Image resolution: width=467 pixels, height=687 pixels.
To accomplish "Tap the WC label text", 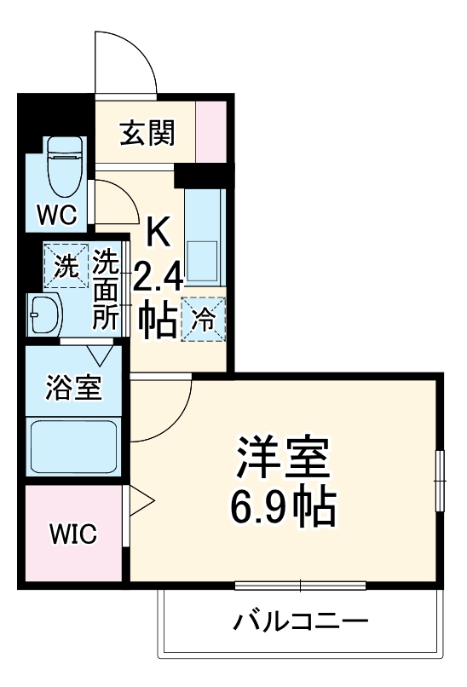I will (x=57, y=214).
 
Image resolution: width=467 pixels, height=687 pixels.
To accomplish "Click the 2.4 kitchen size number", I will (x=158, y=277).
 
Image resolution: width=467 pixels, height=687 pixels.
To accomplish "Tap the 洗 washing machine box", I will (x=66, y=266).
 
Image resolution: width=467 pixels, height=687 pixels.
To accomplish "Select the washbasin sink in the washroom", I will (x=44, y=315).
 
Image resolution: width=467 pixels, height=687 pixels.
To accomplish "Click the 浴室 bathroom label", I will (x=73, y=387).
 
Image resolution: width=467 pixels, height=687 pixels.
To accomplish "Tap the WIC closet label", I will (x=73, y=534).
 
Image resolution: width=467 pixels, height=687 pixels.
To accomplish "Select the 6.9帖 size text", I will (x=282, y=508).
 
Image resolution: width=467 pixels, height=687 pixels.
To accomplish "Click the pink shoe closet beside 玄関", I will (x=211, y=131).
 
